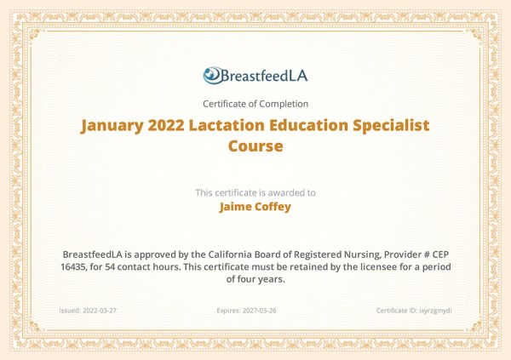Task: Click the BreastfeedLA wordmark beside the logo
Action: point(265,76)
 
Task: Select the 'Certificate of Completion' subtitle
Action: point(255,104)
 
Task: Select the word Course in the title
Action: point(255,146)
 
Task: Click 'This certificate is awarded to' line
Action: point(255,192)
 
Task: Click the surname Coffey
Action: point(275,205)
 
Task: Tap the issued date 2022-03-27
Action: point(100,311)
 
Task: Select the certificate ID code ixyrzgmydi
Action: point(433,311)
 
